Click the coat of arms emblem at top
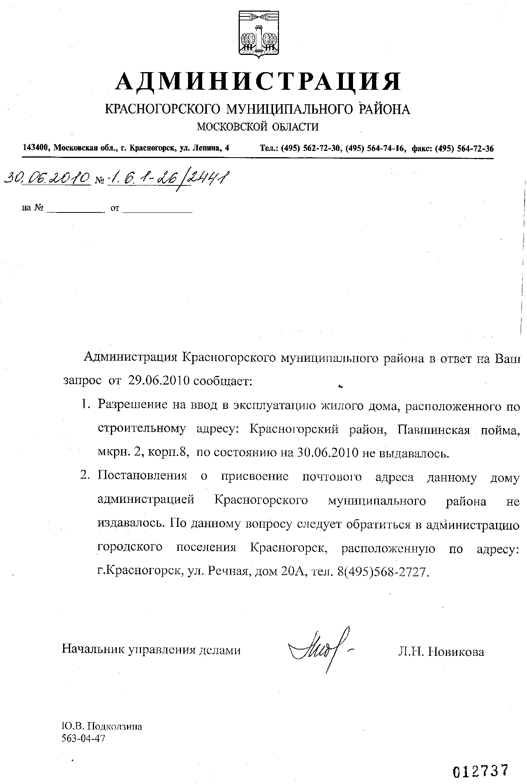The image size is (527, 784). tap(259, 35)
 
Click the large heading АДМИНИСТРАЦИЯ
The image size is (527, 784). tap(258, 81)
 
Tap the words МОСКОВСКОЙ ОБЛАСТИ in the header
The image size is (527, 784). tap(257, 126)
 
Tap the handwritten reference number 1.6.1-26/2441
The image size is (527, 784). tap(168, 179)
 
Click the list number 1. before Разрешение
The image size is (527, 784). tap(86, 405)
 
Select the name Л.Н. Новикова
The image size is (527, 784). tap(441, 652)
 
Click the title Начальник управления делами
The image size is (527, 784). tap(151, 650)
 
